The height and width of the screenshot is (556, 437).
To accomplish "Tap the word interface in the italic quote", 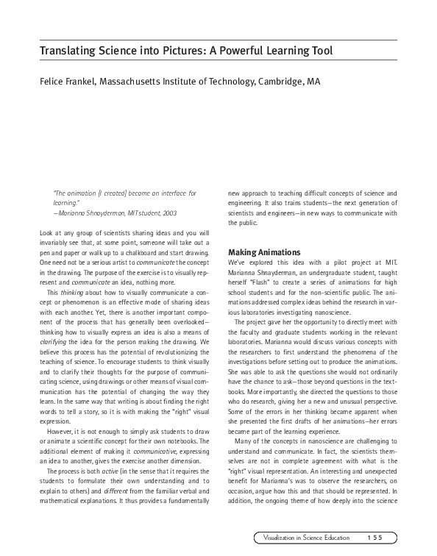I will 167,193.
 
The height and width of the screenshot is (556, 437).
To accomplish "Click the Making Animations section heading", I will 264,252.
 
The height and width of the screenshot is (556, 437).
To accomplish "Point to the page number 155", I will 374,538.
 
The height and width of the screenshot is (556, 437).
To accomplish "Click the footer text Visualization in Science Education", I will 305,538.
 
